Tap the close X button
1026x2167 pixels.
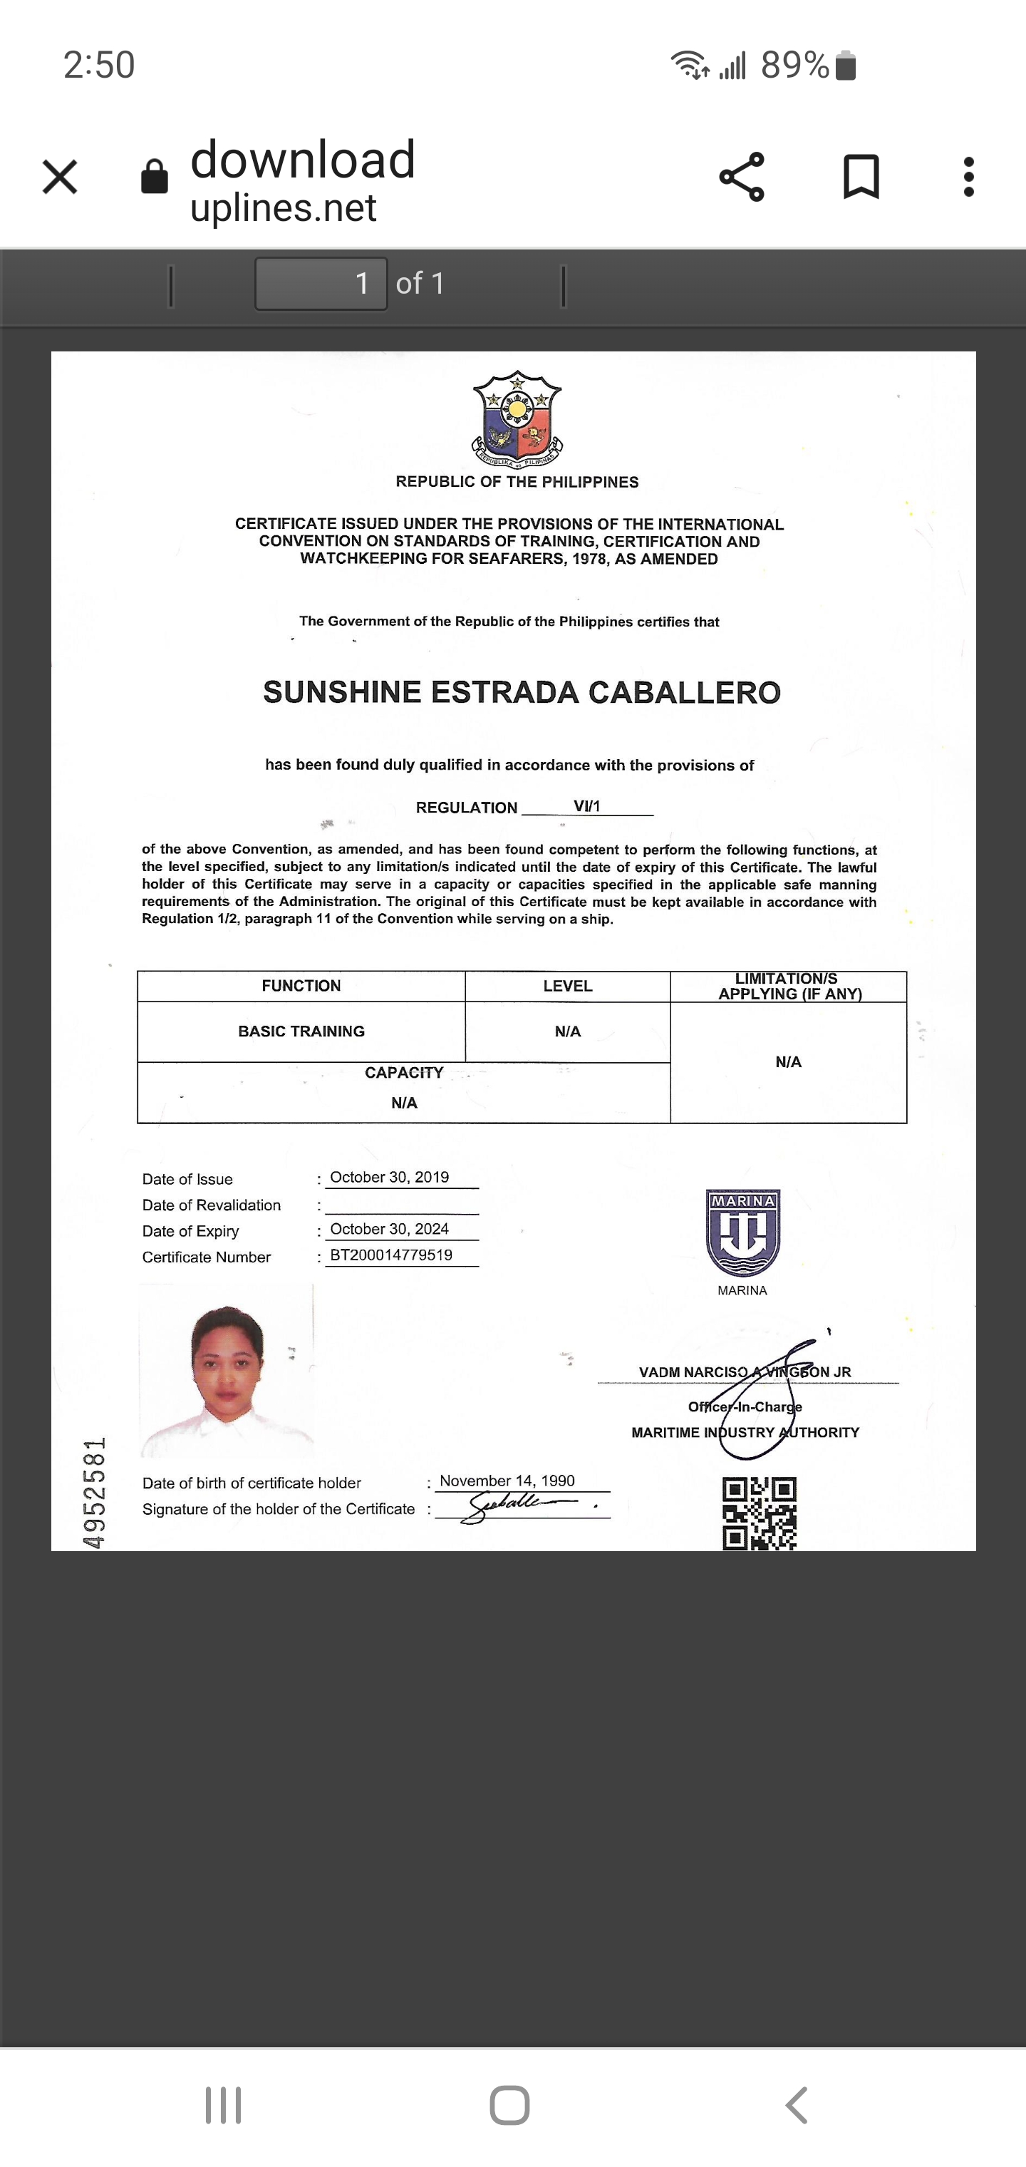tap(60, 177)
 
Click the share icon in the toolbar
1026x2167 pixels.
tap(742, 177)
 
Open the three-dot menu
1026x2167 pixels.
tap(969, 177)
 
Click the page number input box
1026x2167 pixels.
tap(321, 284)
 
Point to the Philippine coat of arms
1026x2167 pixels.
tap(517, 419)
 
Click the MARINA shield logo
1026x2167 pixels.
tap(742, 1232)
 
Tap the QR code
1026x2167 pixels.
tap(760, 1513)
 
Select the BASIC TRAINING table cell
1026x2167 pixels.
tap(301, 1031)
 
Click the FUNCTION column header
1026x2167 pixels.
tap(301, 986)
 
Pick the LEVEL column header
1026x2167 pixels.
tap(568, 986)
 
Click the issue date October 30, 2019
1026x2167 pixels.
tap(389, 1177)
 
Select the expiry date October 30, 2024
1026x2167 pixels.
tap(389, 1229)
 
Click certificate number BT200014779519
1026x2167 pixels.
tap(391, 1255)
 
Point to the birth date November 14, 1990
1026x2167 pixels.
tap(507, 1481)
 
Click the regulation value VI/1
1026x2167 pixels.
tap(587, 806)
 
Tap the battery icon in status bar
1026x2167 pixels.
tap(846, 65)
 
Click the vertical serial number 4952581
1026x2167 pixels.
tap(95, 1493)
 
